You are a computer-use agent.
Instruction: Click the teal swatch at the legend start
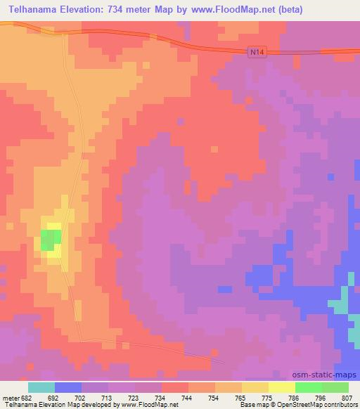point(41,387)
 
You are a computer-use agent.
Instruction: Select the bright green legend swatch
point(309,387)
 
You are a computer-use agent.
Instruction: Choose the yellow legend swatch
point(282,387)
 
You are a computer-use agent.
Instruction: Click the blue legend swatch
point(68,387)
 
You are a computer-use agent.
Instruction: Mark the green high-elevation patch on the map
point(49,240)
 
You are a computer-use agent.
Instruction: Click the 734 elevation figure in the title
point(129,11)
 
